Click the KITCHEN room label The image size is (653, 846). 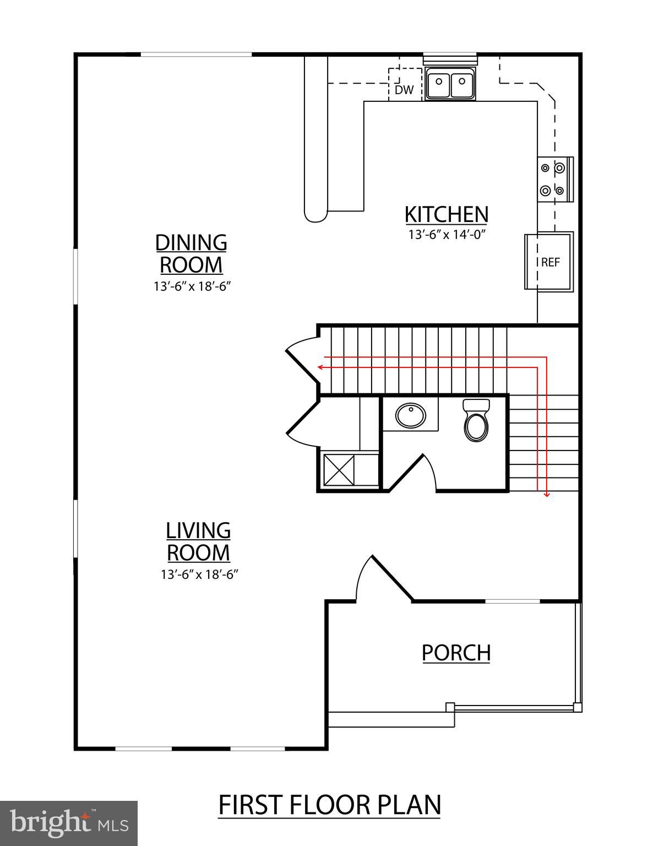click(x=446, y=214)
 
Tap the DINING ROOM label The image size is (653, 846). click(x=191, y=253)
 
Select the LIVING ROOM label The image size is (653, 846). click(x=198, y=541)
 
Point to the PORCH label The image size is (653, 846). click(x=456, y=652)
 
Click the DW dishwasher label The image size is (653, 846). click(x=404, y=90)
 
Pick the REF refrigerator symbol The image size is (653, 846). click(x=549, y=262)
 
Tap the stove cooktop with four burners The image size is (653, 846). click(x=553, y=179)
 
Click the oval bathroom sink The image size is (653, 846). click(x=410, y=416)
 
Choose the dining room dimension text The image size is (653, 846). click(x=191, y=286)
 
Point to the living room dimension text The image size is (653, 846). click(x=199, y=574)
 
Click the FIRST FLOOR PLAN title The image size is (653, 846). click(x=330, y=805)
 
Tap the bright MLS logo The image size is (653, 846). click(x=69, y=823)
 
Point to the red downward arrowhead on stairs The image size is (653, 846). click(x=546, y=495)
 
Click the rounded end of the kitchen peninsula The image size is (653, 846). click(x=316, y=214)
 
